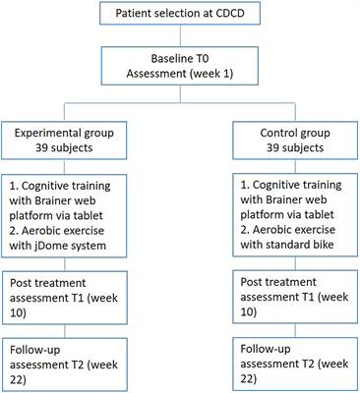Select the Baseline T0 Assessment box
180,78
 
